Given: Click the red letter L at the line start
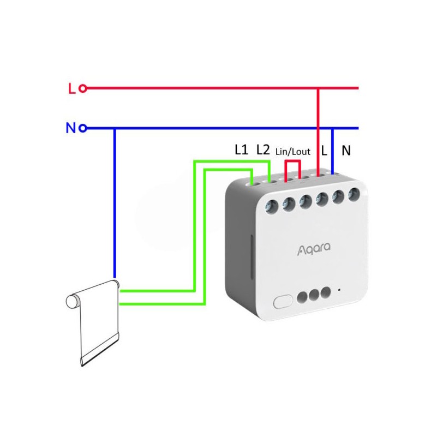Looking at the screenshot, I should [x=71, y=88].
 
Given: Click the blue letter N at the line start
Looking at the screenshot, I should [x=70, y=129].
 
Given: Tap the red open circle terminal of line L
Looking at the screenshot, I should [x=83, y=88].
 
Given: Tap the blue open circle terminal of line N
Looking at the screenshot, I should [x=83, y=129].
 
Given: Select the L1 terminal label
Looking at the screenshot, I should [x=241, y=149].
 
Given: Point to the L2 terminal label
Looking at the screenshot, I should [x=263, y=149].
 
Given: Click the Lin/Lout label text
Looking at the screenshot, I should [x=293, y=152].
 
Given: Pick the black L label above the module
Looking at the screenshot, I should [x=324, y=150].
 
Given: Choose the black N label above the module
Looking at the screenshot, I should [x=346, y=150].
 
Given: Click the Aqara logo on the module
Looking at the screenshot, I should [x=310, y=250].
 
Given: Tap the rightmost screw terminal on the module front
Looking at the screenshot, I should [x=354, y=193].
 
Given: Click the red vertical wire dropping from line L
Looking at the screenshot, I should [x=319, y=131].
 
